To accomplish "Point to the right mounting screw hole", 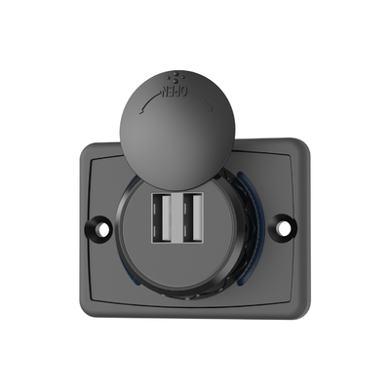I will click(283, 228).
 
